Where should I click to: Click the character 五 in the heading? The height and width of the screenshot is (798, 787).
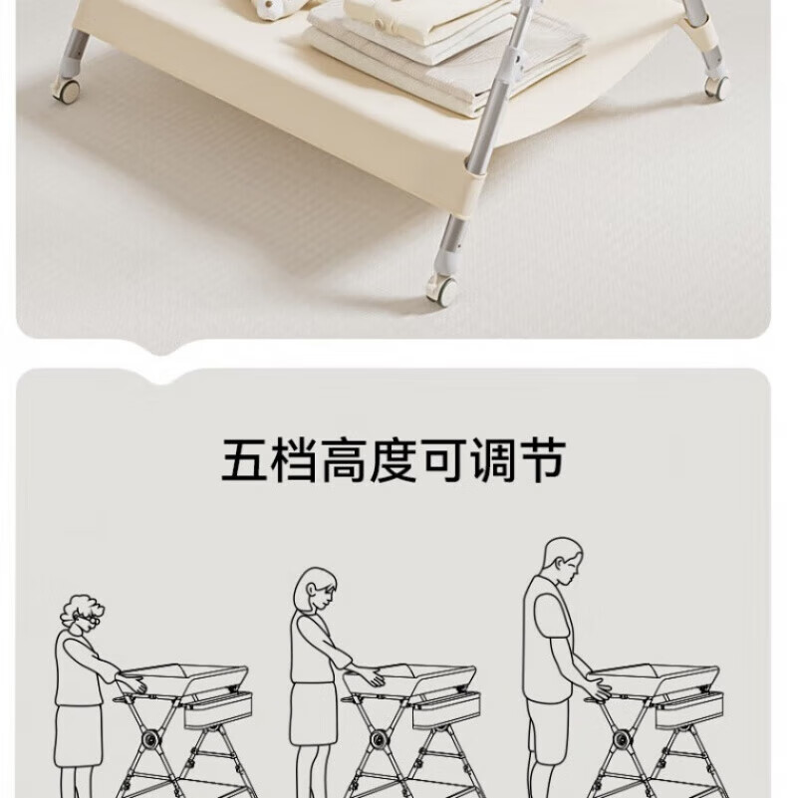pos(245,461)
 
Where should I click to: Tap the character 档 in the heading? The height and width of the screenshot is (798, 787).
pos(294,461)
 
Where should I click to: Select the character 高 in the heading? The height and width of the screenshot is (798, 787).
pos(344,461)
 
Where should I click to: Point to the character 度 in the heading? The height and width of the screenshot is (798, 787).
pos(393,461)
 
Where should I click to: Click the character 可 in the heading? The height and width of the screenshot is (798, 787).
pos(443,461)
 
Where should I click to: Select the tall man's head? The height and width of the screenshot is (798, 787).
pos(563,561)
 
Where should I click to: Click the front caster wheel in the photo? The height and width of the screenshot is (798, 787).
pos(442,290)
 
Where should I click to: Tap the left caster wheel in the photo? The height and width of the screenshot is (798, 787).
pos(67,90)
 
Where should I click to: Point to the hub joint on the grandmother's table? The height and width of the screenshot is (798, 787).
pos(149,738)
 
